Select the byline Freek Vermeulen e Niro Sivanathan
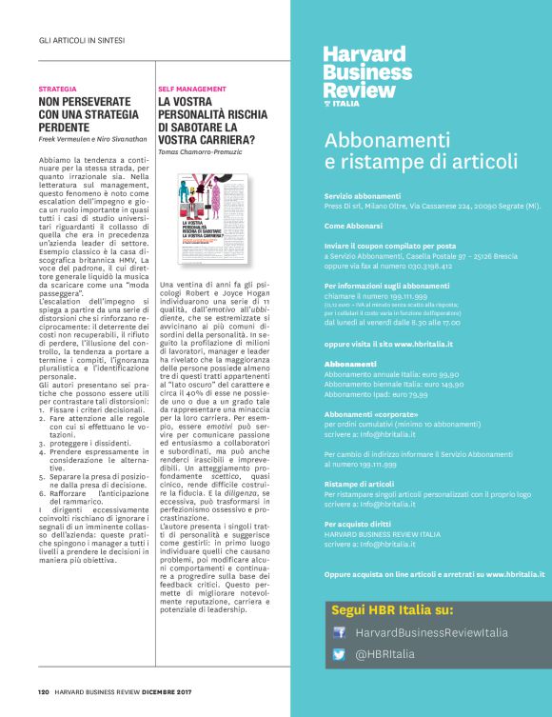93,139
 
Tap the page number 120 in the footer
44,692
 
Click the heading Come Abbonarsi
353,226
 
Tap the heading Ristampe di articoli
358,484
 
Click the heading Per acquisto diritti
358,524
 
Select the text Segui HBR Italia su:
392,609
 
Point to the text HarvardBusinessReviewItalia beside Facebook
431,632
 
